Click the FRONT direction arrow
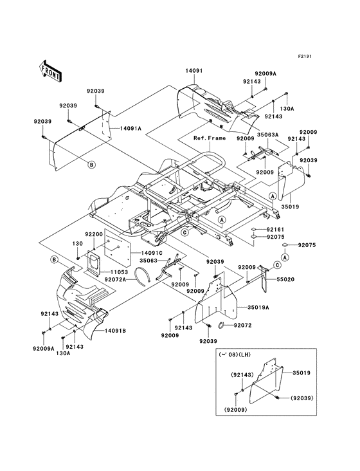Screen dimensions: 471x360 (x=51, y=70)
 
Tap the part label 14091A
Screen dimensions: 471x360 (x=131, y=129)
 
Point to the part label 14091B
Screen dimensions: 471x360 (x=115, y=330)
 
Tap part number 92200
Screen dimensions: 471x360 (x=94, y=235)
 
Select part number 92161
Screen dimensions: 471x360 (x=275, y=229)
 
